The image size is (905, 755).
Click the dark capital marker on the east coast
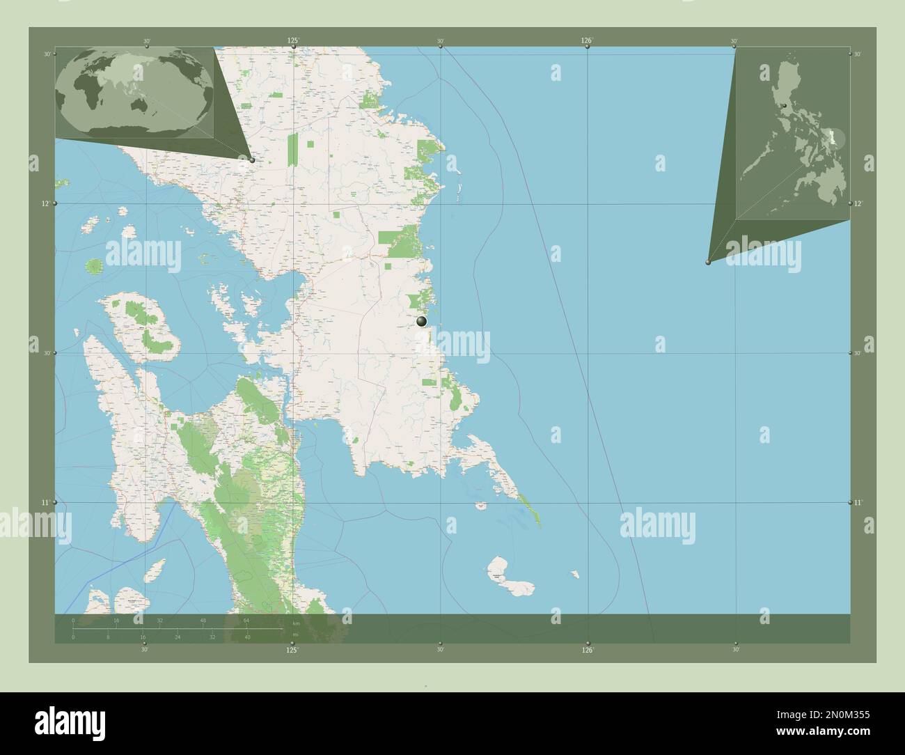pos(421,321)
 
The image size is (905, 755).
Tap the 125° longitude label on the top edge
pos(293,41)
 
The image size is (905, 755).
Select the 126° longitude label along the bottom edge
pos(588,651)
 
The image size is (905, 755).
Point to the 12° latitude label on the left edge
pos(46,203)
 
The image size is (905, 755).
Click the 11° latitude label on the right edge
pos(858,502)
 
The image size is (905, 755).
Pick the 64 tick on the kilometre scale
pos(246,620)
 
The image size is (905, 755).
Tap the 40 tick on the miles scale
pos(247,637)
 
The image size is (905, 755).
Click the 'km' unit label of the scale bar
pos(297,623)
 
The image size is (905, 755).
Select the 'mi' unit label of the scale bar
pos(295,634)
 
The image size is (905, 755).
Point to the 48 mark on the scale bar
pos(203,620)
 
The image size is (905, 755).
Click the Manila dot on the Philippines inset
pos(784,106)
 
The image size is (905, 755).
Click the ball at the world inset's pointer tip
pos(252,160)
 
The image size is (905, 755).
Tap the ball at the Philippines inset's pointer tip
pos(708,263)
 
